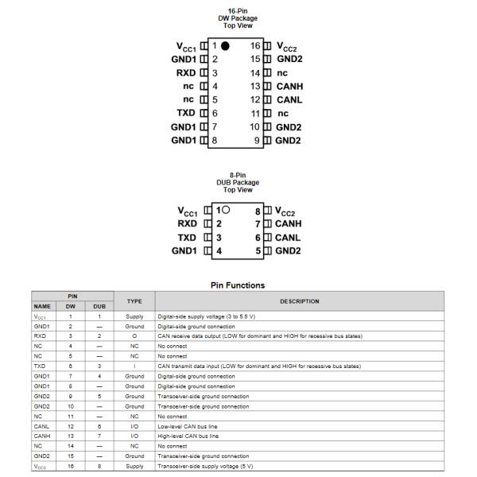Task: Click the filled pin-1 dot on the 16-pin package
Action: (225, 45)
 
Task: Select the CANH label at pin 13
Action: (289, 86)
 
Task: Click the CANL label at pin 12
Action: (289, 99)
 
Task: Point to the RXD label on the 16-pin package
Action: (186, 72)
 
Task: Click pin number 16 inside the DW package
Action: (255, 45)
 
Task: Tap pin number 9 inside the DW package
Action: (258, 140)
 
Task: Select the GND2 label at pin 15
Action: (289, 59)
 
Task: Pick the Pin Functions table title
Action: (238, 285)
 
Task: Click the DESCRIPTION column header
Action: (299, 301)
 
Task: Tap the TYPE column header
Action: (134, 301)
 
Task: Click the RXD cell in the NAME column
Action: (39, 336)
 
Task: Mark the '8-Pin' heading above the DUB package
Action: (238, 175)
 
